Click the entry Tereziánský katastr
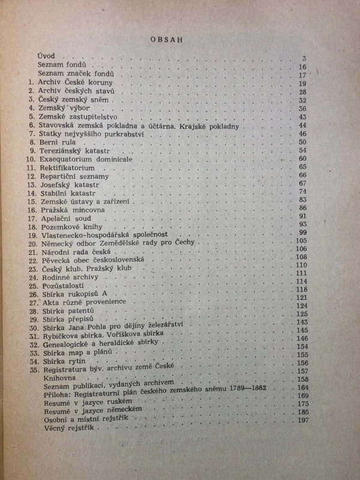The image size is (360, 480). (74, 152)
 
